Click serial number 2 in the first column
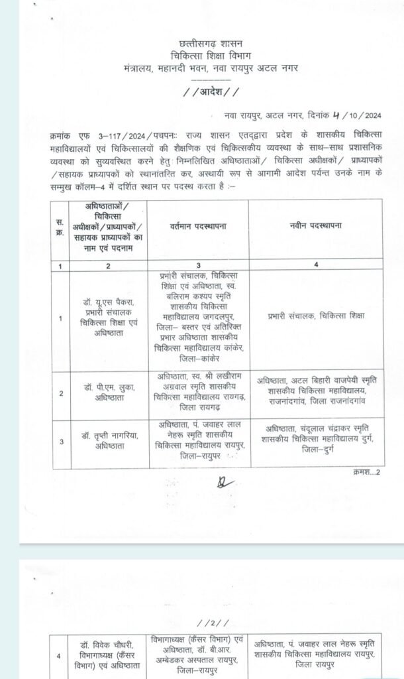60,393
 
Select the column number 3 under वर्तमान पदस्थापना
199,265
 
